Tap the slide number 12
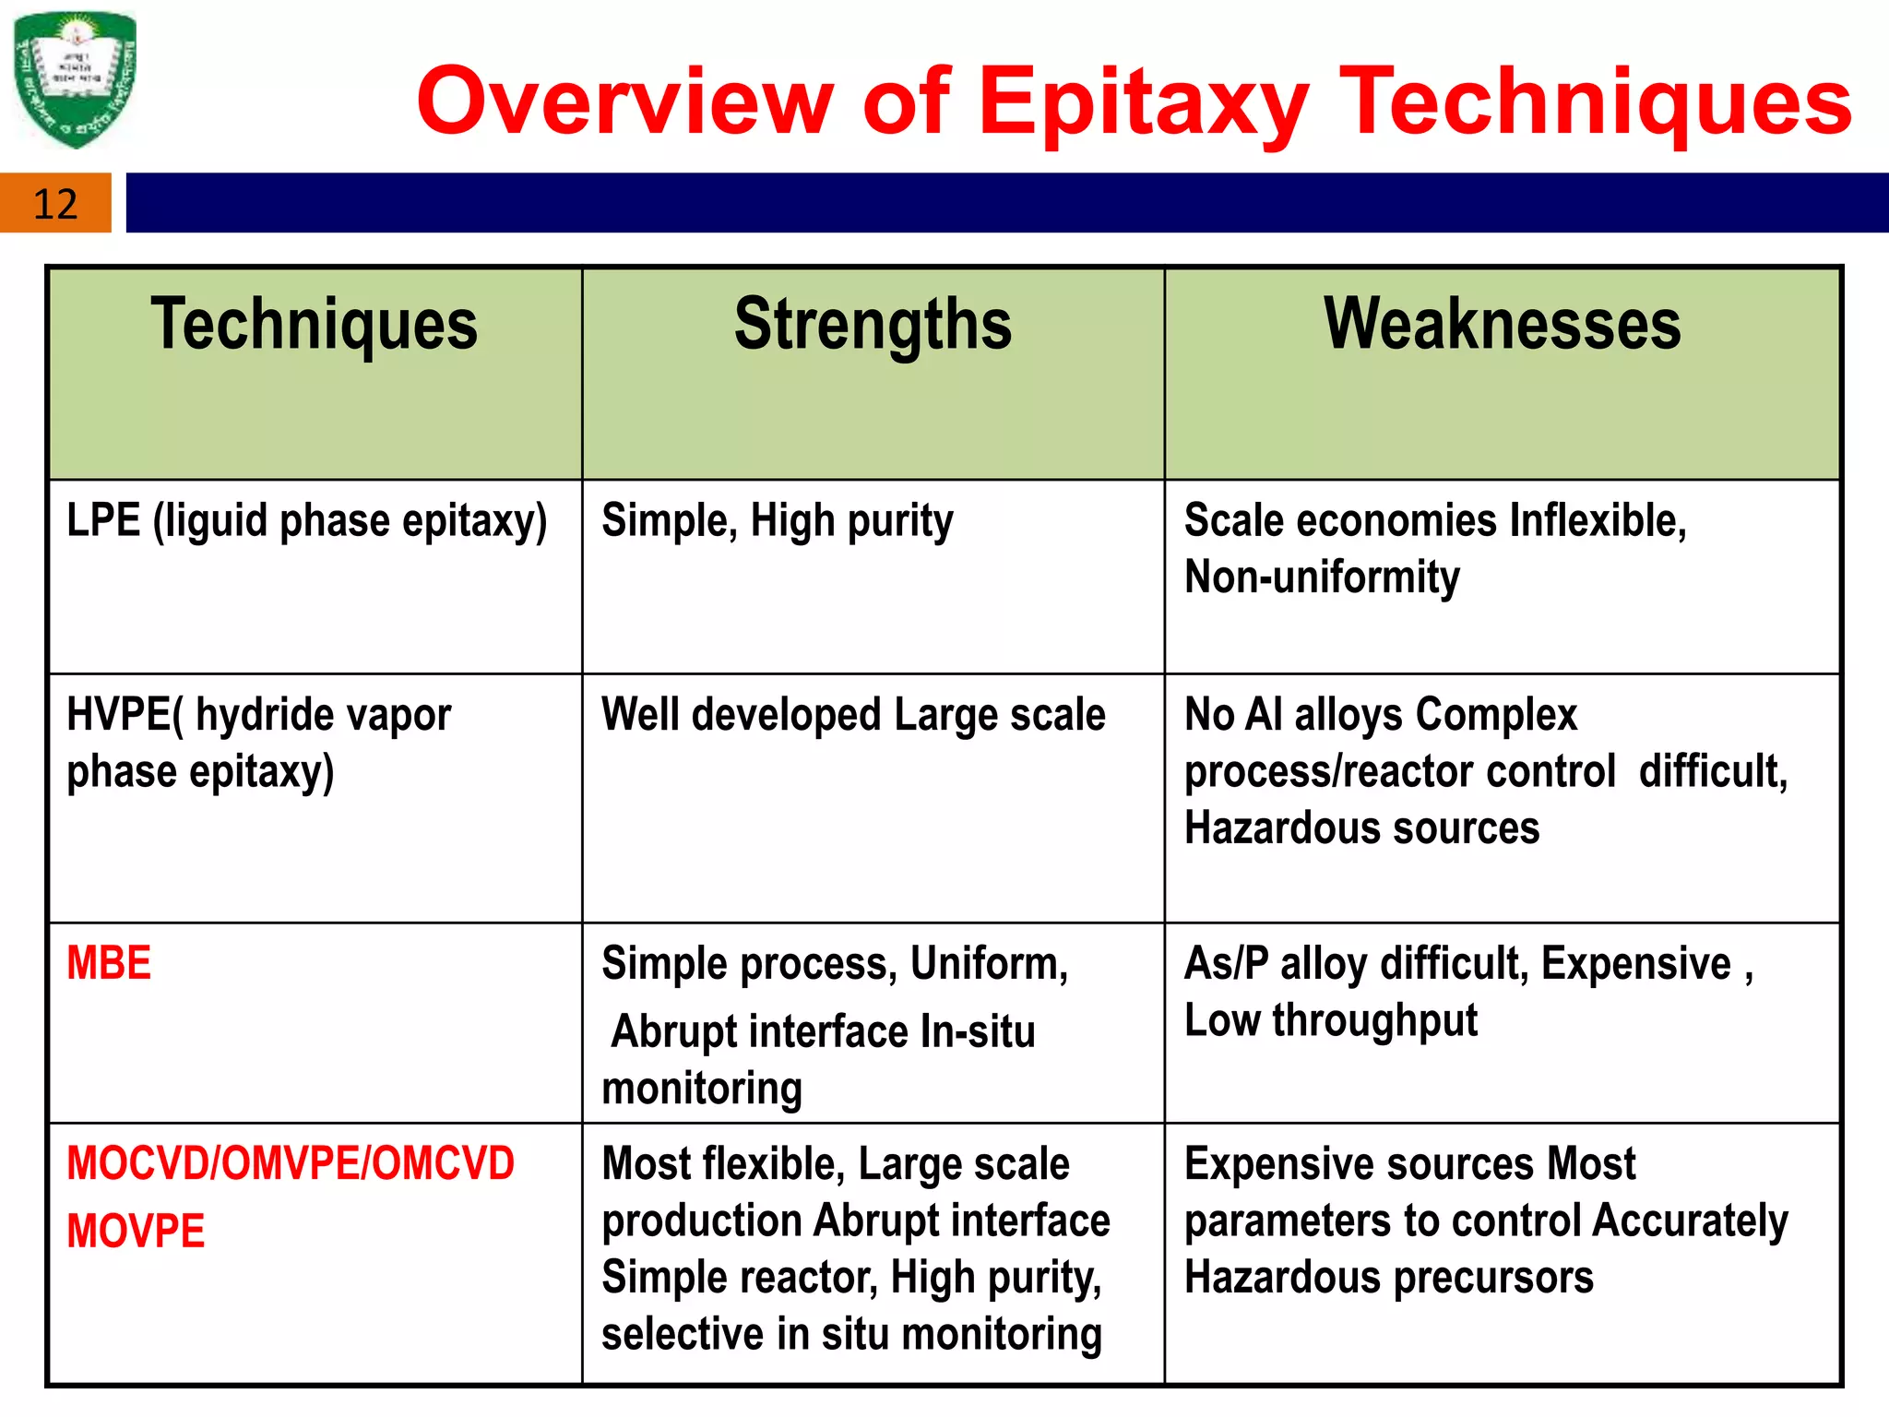coord(55,204)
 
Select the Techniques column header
coord(315,325)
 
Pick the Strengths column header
coord(873,325)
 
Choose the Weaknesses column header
coord(1503,325)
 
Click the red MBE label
coord(109,964)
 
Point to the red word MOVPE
coord(136,1232)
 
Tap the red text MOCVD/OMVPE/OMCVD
coord(291,1163)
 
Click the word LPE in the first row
coord(103,520)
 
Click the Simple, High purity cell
coord(777,521)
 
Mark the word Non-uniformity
coord(1322,578)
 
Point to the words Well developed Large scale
coord(853,715)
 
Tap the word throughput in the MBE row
coord(1374,1021)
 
